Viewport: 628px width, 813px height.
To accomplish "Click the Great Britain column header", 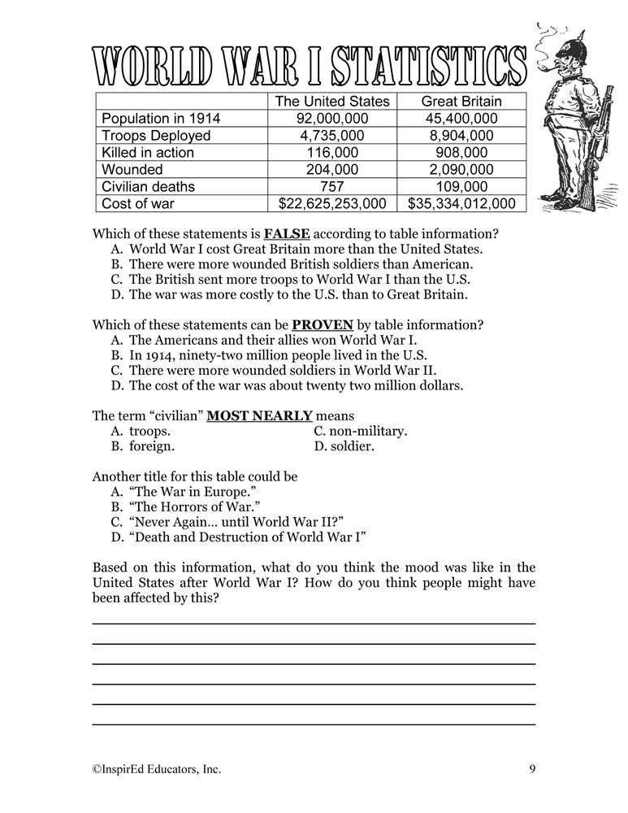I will pyautogui.click(x=461, y=102).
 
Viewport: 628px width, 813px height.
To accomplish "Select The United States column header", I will pyautogui.click(x=332, y=102).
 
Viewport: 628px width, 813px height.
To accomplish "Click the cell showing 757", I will pyautogui.click(x=332, y=186).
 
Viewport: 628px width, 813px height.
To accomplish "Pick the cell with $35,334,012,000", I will pyautogui.click(x=461, y=203).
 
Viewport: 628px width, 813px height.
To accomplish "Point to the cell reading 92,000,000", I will pyautogui.click(x=332, y=119).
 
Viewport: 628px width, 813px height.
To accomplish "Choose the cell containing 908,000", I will pyautogui.click(x=461, y=153).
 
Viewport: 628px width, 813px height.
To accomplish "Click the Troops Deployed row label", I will pyautogui.click(x=156, y=136).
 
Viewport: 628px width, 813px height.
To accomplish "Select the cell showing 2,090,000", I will pyautogui.click(x=461, y=170).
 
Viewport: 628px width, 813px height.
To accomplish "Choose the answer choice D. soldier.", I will pyautogui.click(x=344, y=446).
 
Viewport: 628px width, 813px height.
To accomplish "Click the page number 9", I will pyautogui.click(x=531, y=767).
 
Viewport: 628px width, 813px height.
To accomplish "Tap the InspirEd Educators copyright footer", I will pyautogui.click(x=156, y=767).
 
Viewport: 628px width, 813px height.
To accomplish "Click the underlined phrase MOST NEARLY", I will pyautogui.click(x=259, y=415).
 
